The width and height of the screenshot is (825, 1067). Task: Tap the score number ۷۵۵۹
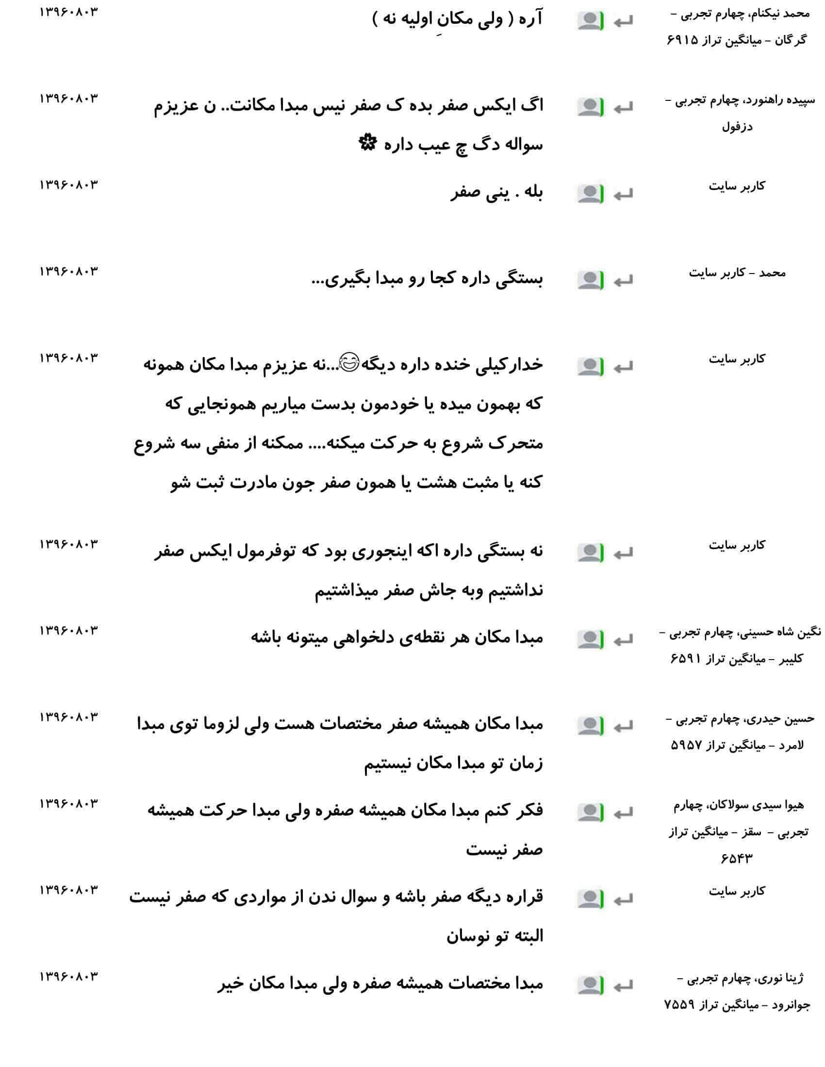pos(679,1005)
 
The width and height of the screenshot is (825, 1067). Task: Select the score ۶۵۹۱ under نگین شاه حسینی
pos(686,659)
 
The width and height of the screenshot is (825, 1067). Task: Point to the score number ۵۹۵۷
pos(686,745)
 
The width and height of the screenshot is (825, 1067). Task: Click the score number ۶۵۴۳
pos(737,858)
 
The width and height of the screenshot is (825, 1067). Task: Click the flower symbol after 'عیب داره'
pos(366,143)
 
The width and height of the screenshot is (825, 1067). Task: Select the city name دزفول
pos(737,127)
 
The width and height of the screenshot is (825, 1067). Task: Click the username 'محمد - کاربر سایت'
pos(737,273)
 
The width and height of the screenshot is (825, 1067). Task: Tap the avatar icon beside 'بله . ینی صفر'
pos(591,194)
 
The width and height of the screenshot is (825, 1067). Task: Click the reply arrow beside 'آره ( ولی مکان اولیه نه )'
pos(624,21)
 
